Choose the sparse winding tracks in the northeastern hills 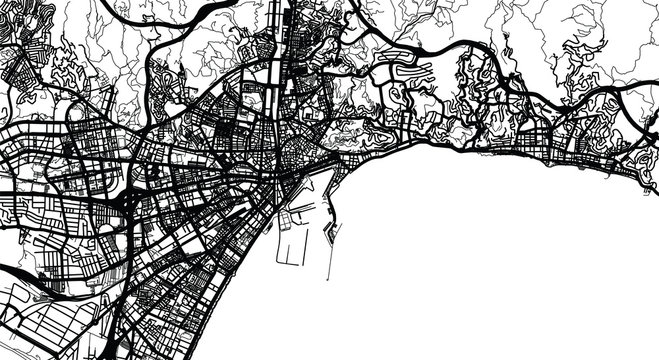pyautogui.click(x=600, y=40)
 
